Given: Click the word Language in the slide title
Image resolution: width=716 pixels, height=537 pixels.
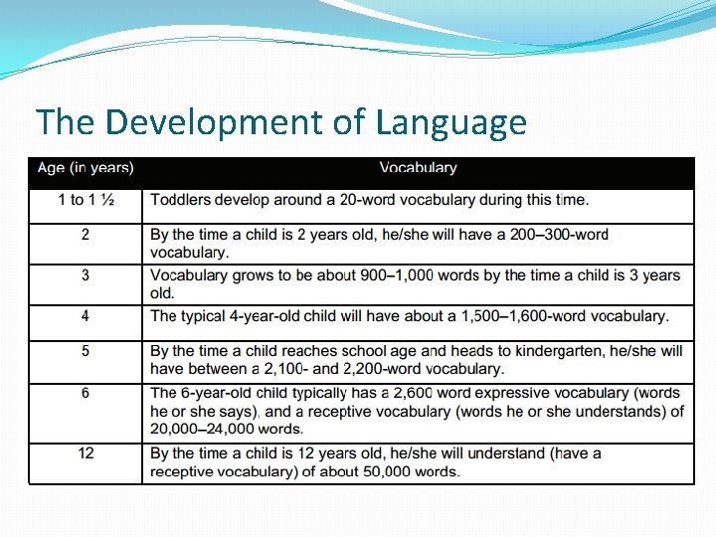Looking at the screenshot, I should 451,123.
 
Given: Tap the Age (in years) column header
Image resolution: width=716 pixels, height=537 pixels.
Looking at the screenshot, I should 86,168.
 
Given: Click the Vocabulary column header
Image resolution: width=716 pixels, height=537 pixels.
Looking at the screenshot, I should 418,168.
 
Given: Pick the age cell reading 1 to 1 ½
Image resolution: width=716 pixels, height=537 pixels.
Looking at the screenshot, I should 86,200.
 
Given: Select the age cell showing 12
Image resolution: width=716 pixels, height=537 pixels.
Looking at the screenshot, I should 86,453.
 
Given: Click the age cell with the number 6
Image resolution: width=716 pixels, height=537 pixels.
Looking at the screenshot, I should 86,393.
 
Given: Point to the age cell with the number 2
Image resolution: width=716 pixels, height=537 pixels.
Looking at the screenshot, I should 86,235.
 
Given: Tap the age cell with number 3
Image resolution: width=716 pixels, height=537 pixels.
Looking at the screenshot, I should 86,275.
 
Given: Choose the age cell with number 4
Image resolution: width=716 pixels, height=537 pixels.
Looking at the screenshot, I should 86,316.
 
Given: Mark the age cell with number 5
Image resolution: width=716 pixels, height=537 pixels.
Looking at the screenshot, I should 86,351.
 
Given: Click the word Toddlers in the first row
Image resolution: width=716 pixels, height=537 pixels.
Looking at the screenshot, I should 180,200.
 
